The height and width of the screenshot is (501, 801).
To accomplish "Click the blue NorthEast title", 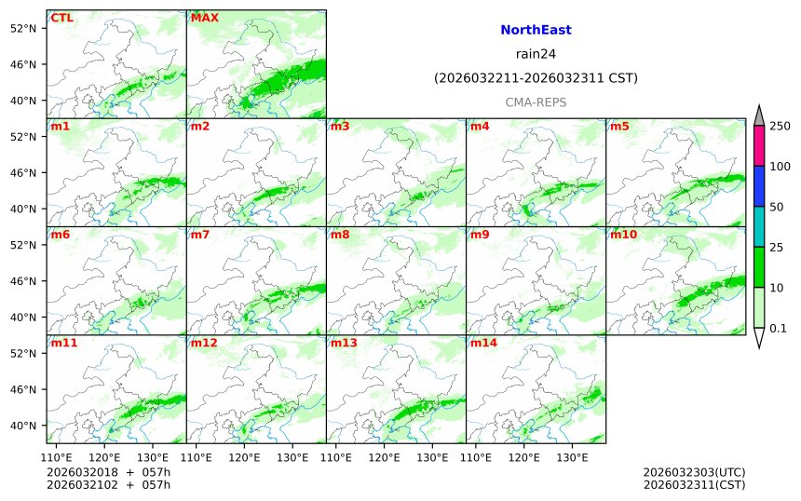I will pos(536,30).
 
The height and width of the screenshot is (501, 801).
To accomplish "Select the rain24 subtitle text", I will pos(536,54).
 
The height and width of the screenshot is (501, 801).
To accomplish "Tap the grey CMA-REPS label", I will pos(536,102).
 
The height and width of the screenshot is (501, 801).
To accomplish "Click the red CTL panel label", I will pos(62,18).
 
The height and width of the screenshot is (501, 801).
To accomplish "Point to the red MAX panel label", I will pos(204,18).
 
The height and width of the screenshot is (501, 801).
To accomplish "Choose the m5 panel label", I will pos(619,126).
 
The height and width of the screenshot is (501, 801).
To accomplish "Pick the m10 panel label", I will pos(623,235).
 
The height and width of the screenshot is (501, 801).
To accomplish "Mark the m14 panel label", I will pos(483,343).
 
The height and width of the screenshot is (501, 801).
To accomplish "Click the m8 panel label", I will pos(340,235).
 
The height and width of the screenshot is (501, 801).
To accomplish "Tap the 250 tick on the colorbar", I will pos(780,127).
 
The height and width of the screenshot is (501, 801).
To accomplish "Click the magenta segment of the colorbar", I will pos(759,146).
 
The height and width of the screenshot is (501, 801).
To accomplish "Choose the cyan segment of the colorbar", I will pos(759,226).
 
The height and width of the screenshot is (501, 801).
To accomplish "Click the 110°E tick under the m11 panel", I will pos(57,457).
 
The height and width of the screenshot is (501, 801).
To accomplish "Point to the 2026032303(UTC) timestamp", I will pos(693,472).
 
